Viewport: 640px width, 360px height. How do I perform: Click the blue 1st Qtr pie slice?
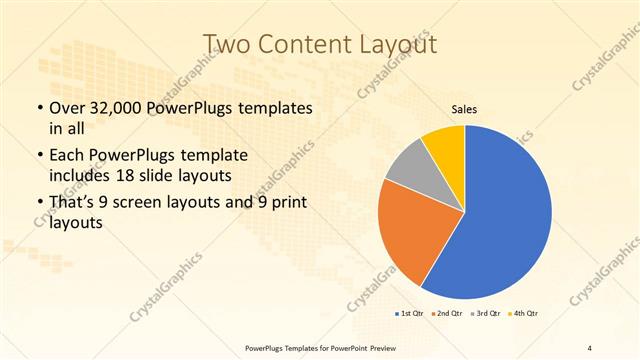click(x=505, y=215)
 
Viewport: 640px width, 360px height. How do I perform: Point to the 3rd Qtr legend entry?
click(x=486, y=314)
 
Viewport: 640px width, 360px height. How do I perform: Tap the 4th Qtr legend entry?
click(x=523, y=314)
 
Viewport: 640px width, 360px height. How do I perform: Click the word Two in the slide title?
click(x=226, y=44)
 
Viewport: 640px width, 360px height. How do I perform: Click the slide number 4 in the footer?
click(x=590, y=347)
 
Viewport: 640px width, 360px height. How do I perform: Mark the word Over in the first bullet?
click(x=69, y=108)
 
